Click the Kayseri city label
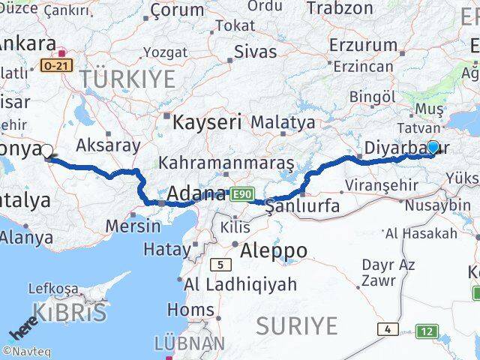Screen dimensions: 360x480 pyautogui.click(x=207, y=121)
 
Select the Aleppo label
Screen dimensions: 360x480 pyautogui.click(x=273, y=250)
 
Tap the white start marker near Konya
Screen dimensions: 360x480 pyautogui.click(x=47, y=151)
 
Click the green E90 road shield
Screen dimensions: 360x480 pyautogui.click(x=241, y=195)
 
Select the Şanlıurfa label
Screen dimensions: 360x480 pyautogui.click(x=303, y=205)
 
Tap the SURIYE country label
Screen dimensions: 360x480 pyautogui.click(x=297, y=325)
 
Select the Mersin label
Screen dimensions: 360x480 pyautogui.click(x=133, y=225)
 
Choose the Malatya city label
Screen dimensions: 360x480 pyautogui.click(x=283, y=121)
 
